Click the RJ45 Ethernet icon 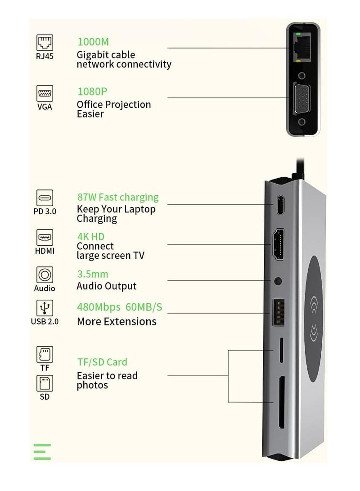pyautogui.click(x=45, y=43)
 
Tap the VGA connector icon pyautogui.click(x=45, y=94)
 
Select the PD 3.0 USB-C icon pyautogui.click(x=45, y=198)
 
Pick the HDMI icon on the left pyautogui.click(x=45, y=237)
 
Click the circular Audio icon pyautogui.click(x=45, y=275)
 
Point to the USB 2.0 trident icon pyautogui.click(x=45, y=308)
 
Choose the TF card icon pyautogui.click(x=45, y=354)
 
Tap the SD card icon pyautogui.click(x=45, y=383)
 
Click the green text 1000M pyautogui.click(x=93, y=42)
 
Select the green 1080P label pyautogui.click(x=92, y=91)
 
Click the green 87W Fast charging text pyautogui.click(x=117, y=197)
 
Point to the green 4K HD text pyautogui.click(x=90, y=236)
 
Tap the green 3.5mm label pyautogui.click(x=92, y=274)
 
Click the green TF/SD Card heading pyautogui.click(x=102, y=362)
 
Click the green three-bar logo pyautogui.click(x=42, y=451)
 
